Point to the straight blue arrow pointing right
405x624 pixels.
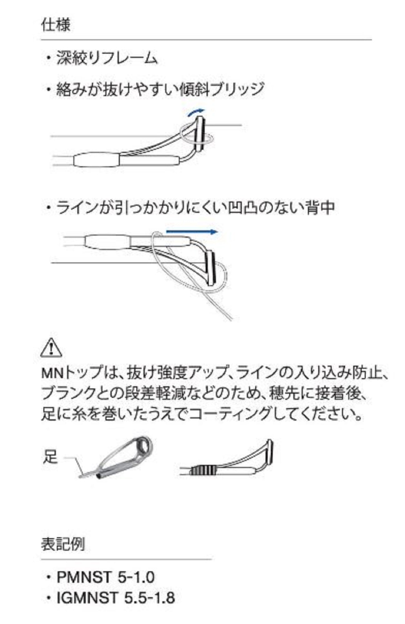192,232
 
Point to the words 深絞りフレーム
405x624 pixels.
107,58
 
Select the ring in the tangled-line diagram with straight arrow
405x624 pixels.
210,268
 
